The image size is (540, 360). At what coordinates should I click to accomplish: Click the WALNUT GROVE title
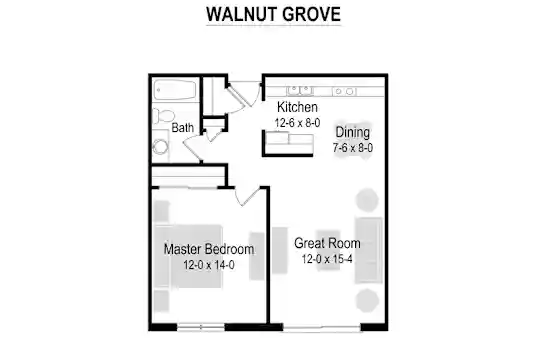click(x=273, y=14)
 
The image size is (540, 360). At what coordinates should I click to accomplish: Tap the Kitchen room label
click(x=297, y=107)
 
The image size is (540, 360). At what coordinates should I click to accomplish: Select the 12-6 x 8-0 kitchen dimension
click(x=297, y=123)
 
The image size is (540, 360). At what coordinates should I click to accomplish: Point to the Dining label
click(x=353, y=133)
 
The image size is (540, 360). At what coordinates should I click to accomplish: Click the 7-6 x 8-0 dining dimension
click(x=353, y=148)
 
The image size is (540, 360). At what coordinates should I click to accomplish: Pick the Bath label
click(x=183, y=128)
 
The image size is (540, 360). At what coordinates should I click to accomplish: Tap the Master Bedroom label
click(x=209, y=249)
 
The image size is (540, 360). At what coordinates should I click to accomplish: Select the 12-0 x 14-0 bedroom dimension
click(x=209, y=265)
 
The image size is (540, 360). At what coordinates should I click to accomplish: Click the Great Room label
click(x=327, y=243)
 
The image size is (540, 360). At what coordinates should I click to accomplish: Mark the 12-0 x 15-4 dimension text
click(x=327, y=259)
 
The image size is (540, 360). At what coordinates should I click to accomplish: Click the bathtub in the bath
click(x=175, y=90)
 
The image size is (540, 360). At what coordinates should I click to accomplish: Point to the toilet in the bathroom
click(x=163, y=115)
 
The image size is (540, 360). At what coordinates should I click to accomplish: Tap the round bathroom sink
click(x=160, y=147)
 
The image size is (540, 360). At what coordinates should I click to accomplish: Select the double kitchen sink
click(x=300, y=91)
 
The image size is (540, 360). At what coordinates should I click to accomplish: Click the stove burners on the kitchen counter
click(x=344, y=91)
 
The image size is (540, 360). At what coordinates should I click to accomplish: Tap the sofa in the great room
click(x=369, y=250)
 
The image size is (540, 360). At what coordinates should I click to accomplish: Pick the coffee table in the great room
click(x=328, y=250)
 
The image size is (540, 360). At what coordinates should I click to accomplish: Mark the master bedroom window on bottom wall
click(x=201, y=327)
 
